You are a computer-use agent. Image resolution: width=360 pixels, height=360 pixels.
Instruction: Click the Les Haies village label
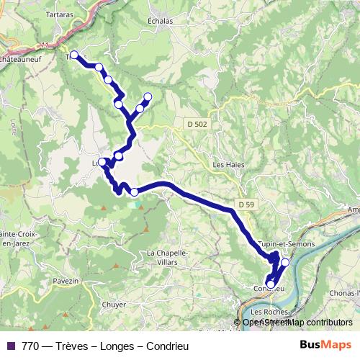point(228,164)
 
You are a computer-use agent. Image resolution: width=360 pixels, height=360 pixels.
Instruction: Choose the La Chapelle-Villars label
point(167,257)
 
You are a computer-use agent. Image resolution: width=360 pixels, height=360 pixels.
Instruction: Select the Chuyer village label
point(114,305)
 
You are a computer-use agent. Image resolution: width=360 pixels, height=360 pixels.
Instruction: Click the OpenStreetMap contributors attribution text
point(297,322)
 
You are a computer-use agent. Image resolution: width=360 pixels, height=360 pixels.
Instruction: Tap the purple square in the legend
point(10,346)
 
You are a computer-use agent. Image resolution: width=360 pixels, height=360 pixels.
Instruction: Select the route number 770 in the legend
point(30,346)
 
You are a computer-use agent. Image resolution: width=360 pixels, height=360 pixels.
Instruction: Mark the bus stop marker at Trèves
point(73,54)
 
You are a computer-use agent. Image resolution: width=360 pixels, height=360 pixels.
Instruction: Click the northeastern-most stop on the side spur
point(148,96)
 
